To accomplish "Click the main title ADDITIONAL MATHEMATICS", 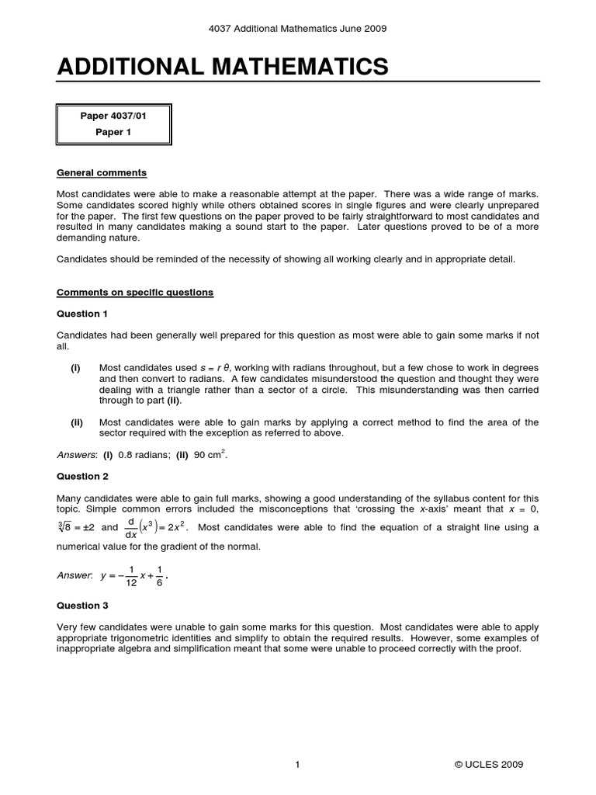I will click(x=223, y=67).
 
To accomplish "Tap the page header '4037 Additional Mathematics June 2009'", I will click(x=298, y=29).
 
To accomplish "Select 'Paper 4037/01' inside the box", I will click(x=113, y=116).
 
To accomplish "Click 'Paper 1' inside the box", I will click(x=113, y=132).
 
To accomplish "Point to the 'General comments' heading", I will click(x=102, y=172).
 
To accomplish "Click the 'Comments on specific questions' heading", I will click(x=135, y=293).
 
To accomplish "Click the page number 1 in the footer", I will click(x=297, y=765).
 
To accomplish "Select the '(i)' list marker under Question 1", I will click(x=76, y=367).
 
